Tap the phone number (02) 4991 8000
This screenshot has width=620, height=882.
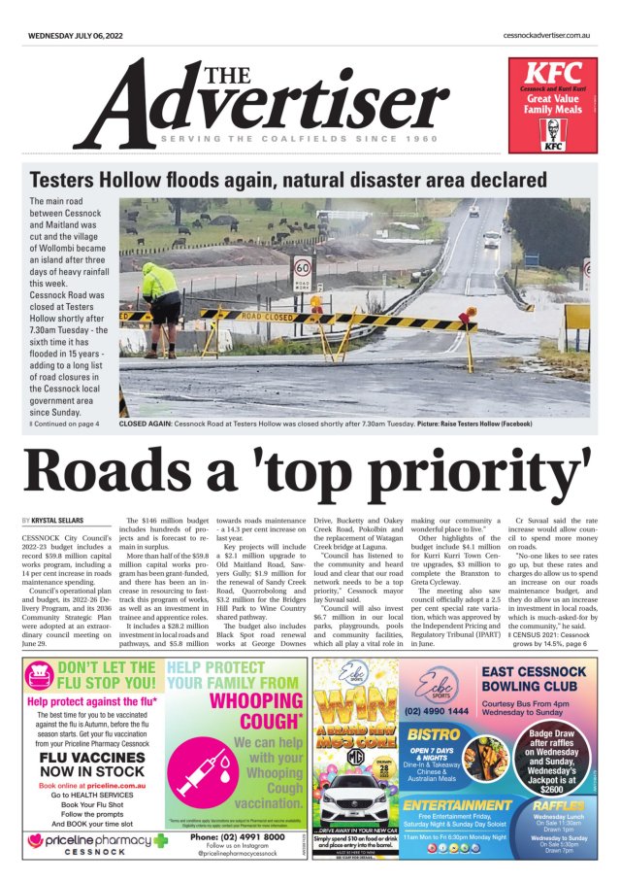237,836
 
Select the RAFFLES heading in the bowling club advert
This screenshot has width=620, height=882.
559,805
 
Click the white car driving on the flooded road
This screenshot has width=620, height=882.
491,239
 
